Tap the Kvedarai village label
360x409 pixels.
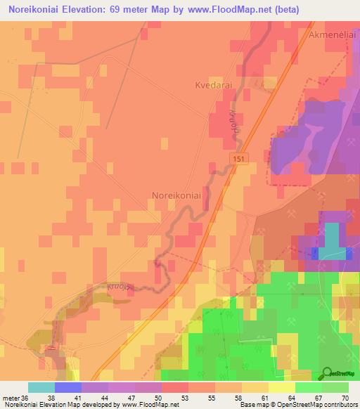pos(214,85)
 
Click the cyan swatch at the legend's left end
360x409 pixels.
pos(41,387)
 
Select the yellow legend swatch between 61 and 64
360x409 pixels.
pos(282,387)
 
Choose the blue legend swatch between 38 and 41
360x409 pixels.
pos(68,387)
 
